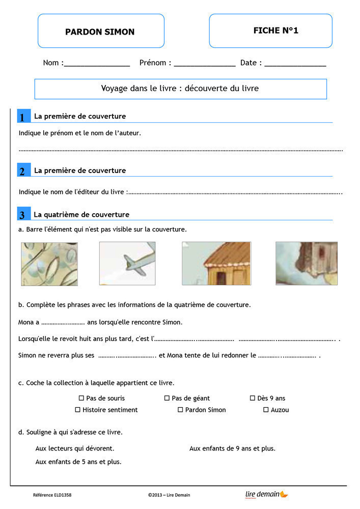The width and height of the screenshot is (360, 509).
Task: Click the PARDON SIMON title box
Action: [100, 32]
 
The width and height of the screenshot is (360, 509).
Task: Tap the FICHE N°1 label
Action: [275, 31]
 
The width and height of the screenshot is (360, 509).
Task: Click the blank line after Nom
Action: [97, 65]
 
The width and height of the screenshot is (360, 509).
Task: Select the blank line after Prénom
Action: [205, 65]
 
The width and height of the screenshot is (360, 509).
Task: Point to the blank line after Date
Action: [295, 65]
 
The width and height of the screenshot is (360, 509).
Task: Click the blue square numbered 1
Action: [23, 117]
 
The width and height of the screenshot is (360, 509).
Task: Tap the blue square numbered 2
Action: [23, 171]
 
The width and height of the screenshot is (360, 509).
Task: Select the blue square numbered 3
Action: [23, 214]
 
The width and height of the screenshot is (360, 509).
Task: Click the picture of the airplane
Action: [127, 263]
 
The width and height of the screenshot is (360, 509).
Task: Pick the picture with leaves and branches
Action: [49, 264]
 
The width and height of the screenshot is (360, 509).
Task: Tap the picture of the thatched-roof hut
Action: [216, 263]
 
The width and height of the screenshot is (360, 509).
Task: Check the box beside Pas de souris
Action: [81, 398]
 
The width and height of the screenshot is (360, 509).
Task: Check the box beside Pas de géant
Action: [167, 398]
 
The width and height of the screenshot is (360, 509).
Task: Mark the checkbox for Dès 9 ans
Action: [253, 398]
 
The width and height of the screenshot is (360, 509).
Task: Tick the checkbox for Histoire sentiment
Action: [78, 410]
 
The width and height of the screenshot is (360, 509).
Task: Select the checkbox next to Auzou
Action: [266, 410]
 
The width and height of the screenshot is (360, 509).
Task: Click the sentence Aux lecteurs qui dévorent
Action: [75, 448]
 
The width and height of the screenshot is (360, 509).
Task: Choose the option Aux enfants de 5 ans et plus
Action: [78, 462]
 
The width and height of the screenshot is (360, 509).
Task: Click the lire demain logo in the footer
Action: [266, 494]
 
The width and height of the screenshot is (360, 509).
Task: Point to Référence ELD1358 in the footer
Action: [52, 495]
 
